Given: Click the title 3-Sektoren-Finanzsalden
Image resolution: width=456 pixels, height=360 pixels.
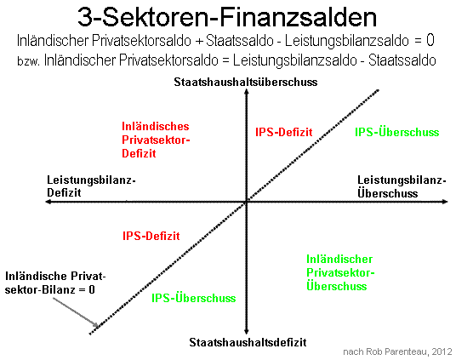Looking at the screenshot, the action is click(227, 17).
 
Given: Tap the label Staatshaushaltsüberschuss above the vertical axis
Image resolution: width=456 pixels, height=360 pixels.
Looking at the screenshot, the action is click(246, 83).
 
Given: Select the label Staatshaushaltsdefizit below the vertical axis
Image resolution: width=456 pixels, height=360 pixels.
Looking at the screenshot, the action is click(248, 342).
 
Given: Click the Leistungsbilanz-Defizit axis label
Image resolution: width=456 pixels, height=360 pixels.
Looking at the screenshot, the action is click(91, 186).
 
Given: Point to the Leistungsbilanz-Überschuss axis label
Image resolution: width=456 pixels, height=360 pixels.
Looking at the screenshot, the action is click(402, 186).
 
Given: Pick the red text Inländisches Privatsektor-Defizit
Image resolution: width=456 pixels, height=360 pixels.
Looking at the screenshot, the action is click(156, 140).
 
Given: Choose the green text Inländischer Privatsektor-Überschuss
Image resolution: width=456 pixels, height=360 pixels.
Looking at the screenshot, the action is click(340, 272).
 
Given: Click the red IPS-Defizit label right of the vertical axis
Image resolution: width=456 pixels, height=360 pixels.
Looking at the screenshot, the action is click(284, 132).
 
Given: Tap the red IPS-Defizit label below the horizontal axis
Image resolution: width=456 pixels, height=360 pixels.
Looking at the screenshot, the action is click(151, 236).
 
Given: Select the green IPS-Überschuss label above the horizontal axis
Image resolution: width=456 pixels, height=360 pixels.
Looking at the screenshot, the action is click(397, 132).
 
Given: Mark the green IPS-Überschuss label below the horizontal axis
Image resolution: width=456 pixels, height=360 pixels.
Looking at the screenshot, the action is click(194, 298).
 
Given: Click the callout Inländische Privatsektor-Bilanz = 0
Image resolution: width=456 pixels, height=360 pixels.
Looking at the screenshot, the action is click(55, 283).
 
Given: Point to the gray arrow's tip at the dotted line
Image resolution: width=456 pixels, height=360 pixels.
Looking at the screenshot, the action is click(98, 327).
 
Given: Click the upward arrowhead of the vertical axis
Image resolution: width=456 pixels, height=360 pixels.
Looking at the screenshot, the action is click(247, 90).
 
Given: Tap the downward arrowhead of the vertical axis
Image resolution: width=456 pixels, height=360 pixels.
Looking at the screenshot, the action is click(247, 333).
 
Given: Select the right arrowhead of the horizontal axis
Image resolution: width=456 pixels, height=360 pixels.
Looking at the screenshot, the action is click(446, 202).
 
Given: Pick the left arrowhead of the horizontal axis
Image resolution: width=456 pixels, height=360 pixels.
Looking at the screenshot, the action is click(48, 202).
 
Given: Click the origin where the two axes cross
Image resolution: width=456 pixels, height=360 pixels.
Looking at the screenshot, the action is click(247, 202).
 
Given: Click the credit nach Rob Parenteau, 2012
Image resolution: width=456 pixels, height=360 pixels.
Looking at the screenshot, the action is click(398, 351).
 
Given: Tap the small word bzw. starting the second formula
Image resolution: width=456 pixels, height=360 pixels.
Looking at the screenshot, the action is click(29, 61).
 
